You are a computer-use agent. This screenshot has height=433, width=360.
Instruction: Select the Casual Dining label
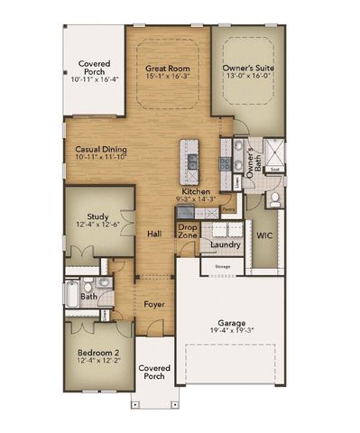(x=95, y=150)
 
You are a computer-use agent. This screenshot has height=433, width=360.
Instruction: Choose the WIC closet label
(x=264, y=235)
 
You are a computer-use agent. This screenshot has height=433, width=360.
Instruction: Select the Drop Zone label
(x=188, y=231)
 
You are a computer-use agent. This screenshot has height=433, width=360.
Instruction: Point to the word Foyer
(x=154, y=306)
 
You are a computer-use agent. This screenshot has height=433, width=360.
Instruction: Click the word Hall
(x=154, y=234)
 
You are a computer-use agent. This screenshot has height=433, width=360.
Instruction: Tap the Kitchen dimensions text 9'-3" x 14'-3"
(x=196, y=200)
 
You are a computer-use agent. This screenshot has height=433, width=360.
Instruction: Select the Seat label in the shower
(x=277, y=169)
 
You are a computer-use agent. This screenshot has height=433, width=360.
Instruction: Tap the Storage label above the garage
(x=223, y=267)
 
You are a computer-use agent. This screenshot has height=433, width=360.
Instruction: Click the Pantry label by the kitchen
(x=228, y=209)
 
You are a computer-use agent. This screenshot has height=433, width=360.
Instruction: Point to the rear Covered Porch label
(x=94, y=69)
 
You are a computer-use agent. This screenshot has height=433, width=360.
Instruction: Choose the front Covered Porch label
(x=154, y=373)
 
